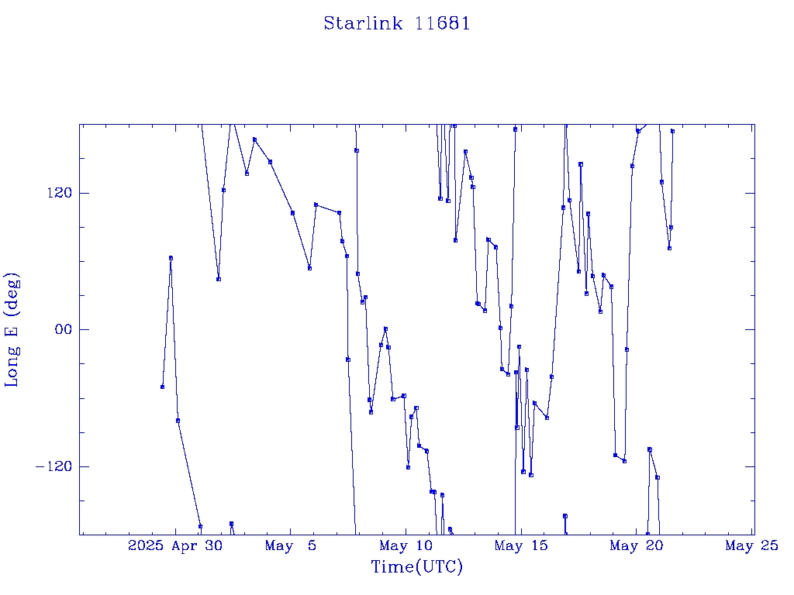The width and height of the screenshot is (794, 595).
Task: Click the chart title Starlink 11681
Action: click(397, 23)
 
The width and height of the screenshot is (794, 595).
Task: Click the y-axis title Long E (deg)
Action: click(12, 330)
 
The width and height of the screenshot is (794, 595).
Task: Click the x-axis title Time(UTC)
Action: click(416, 566)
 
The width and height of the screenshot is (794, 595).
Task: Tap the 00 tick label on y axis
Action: click(64, 329)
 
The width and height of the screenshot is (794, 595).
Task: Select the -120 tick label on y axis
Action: click(54, 466)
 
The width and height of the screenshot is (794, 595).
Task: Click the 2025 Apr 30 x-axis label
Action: click(175, 545)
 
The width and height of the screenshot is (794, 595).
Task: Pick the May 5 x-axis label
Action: click(291, 545)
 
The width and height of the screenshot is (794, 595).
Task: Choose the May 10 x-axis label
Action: click(406, 545)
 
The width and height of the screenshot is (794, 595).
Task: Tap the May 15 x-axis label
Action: click(521, 545)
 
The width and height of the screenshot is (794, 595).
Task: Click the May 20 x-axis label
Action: click(637, 545)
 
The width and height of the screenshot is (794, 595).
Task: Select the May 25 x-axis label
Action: click(752, 545)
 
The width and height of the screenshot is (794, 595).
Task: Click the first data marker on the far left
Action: click(162, 387)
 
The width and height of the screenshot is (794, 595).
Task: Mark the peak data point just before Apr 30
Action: click(171, 258)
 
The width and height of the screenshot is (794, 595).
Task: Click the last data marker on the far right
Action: click(672, 131)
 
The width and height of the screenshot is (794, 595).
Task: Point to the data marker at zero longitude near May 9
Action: click(385, 328)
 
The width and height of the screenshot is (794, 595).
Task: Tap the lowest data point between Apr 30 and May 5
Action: click(231, 524)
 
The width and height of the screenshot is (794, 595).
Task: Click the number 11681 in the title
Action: click(443, 23)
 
